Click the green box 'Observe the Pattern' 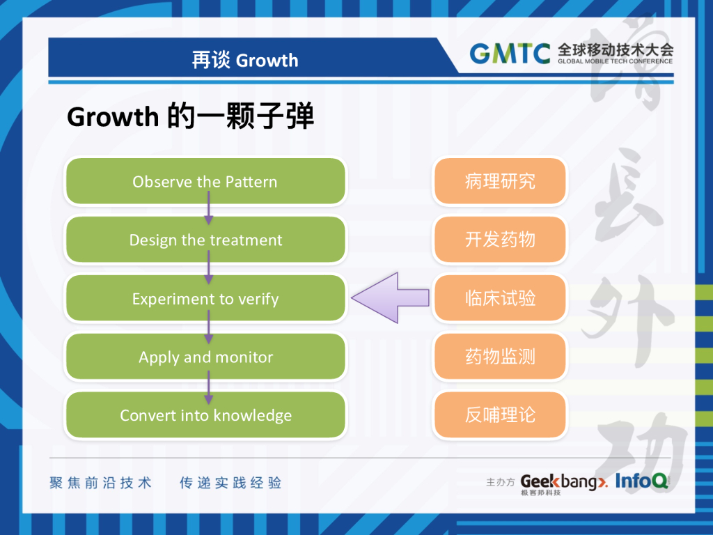tap(205, 182)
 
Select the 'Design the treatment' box tap(205, 240)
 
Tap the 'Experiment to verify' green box tap(205, 299)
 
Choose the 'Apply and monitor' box tap(205, 357)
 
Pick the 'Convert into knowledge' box tap(205, 416)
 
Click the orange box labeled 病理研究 tap(500, 182)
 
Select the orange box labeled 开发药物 tap(500, 240)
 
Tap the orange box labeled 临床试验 tap(500, 299)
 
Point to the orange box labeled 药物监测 tap(500, 357)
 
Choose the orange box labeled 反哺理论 tap(500, 416)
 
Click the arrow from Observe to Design tap(208, 210)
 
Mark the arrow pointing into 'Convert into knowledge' tap(208, 387)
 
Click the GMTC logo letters tap(510, 54)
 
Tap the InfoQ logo tap(641, 481)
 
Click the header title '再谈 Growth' tap(245, 61)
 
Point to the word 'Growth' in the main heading tap(113, 117)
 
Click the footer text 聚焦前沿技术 tap(100, 483)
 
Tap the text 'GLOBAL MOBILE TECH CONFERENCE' tap(615, 61)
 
